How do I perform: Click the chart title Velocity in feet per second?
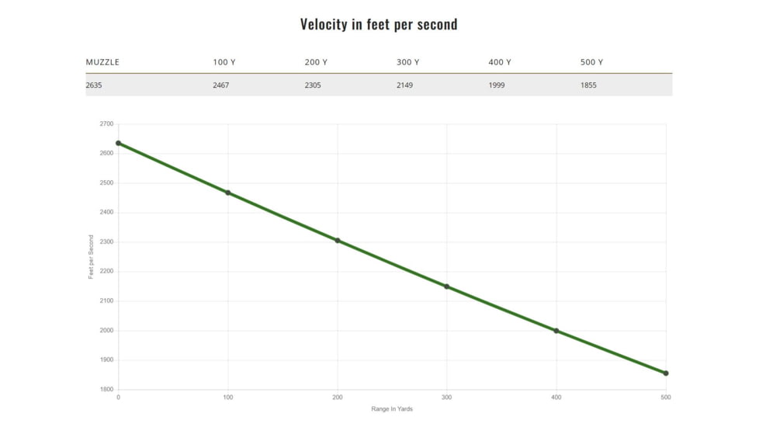379,24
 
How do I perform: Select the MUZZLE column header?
102,62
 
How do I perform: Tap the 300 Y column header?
407,62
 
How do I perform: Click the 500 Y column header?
591,62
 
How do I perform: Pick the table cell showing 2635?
94,85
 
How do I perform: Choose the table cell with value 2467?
221,85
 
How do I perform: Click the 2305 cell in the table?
313,85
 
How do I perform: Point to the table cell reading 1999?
497,85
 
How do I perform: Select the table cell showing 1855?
588,85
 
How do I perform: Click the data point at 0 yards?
118,143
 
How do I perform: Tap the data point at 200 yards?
338,241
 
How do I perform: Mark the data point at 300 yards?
447,286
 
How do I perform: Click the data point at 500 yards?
666,373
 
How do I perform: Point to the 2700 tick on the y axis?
106,124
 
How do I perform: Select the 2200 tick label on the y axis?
106,272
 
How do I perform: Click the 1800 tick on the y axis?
106,390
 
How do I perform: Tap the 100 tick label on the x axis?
227,397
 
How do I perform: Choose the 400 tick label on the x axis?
556,397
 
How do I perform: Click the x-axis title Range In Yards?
392,409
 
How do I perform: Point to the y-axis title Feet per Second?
91,257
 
